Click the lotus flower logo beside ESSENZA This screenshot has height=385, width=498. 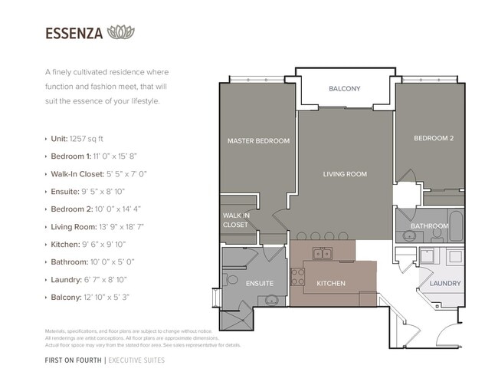(x=121, y=32)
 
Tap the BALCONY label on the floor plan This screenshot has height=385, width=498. (x=345, y=89)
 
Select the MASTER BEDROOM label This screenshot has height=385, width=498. (x=258, y=141)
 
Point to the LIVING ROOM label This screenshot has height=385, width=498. (x=345, y=174)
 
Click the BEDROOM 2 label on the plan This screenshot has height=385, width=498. (x=434, y=138)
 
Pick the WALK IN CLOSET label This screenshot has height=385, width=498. (x=236, y=220)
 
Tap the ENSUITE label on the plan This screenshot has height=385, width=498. (x=260, y=283)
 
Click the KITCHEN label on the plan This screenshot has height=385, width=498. (x=331, y=283)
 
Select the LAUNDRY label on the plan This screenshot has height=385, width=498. (x=445, y=283)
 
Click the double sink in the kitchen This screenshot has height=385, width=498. (x=323, y=253)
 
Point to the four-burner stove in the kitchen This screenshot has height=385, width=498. (x=297, y=277)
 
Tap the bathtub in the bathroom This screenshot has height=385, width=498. (x=456, y=225)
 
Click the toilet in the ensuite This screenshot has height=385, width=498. (x=231, y=280)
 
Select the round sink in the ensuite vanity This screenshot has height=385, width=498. (x=271, y=300)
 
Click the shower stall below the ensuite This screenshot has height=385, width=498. (x=237, y=321)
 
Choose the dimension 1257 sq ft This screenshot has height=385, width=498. (x=87, y=139)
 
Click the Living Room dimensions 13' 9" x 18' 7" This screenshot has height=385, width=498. (x=121, y=227)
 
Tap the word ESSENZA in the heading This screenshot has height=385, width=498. (x=74, y=34)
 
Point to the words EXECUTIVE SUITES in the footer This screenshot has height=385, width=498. (x=136, y=360)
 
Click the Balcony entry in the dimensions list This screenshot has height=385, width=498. (x=90, y=298)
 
